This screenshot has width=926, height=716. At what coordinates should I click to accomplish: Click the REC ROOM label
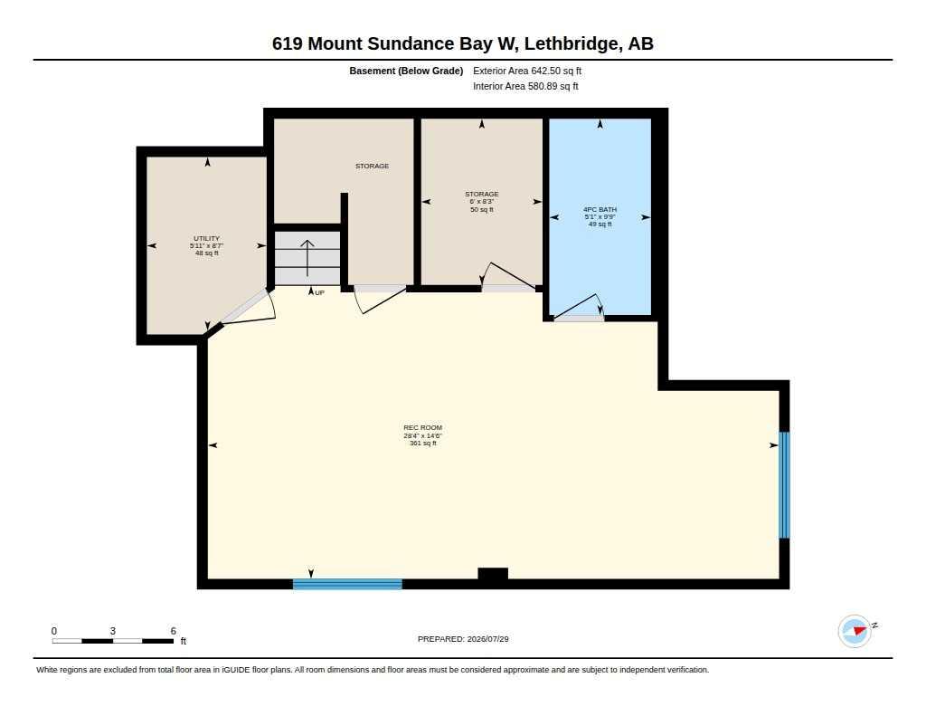(x=423, y=427)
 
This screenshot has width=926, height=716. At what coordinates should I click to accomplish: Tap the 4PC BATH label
(x=600, y=209)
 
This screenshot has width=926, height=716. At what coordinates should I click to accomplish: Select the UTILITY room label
(x=207, y=238)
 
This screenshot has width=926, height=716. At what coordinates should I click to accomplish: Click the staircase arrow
(x=307, y=258)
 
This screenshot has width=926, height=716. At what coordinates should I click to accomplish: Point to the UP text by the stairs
(x=319, y=292)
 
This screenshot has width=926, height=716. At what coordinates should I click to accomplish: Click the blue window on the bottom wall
(x=347, y=584)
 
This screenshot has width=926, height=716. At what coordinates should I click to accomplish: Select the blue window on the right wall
(x=784, y=485)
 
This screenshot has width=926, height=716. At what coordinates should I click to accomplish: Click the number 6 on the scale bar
(x=173, y=631)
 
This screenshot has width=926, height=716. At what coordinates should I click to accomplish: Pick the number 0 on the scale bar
(x=54, y=631)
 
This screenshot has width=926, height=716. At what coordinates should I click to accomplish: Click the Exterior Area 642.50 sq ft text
(x=527, y=71)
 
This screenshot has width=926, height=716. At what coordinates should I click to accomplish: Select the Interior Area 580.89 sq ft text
(x=525, y=86)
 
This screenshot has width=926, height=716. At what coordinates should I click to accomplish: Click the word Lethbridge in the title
(x=572, y=43)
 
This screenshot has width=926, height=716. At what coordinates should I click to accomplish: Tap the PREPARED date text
(x=463, y=639)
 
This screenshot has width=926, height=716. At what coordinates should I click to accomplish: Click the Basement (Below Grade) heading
(x=406, y=71)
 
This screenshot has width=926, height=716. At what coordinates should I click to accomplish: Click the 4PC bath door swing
(x=579, y=305)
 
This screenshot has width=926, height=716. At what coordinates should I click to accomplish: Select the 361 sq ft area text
(x=423, y=443)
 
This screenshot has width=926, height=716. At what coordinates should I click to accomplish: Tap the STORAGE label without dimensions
(x=372, y=167)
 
